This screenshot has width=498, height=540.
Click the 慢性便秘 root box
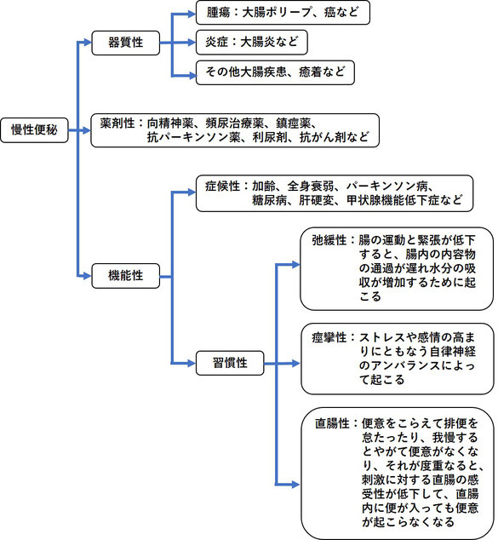pyautogui.click(x=34, y=130)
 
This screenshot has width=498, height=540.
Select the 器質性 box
pyautogui.click(x=126, y=43)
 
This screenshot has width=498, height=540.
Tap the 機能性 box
pyautogui.click(x=126, y=276)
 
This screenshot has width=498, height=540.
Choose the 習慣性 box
pyautogui.click(x=230, y=363)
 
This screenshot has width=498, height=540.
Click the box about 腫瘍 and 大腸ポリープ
pyautogui.click(x=283, y=13)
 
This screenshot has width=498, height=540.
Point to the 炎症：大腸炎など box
pyautogui.click(x=252, y=43)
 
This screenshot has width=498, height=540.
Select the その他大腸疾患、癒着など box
pyautogui.click(x=275, y=72)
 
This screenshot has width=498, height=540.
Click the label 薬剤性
pyautogui.click(x=117, y=124)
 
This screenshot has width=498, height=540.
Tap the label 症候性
pyautogui.click(x=222, y=187)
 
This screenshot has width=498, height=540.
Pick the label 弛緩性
pyautogui.click(x=329, y=240)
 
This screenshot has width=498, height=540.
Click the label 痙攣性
pyautogui.click(x=329, y=337)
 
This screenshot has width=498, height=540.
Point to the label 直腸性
pyautogui.click(x=332, y=423)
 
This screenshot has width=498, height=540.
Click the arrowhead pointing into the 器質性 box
pyautogui.click(x=88, y=43)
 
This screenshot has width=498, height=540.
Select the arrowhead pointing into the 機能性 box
pyautogui.click(x=88, y=276)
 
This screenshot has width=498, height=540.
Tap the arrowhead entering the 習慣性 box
pyautogui.click(x=192, y=363)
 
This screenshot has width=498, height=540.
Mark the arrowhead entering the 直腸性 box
pyautogui.click(x=296, y=485)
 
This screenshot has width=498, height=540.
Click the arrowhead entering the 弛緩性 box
pyautogui.click(x=296, y=265)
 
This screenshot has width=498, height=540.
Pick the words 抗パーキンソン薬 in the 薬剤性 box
pyautogui.click(x=194, y=137)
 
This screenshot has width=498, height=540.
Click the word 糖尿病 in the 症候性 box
pyautogui.click(x=269, y=200)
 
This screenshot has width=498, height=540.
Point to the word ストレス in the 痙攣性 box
pyautogui.click(x=382, y=337)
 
